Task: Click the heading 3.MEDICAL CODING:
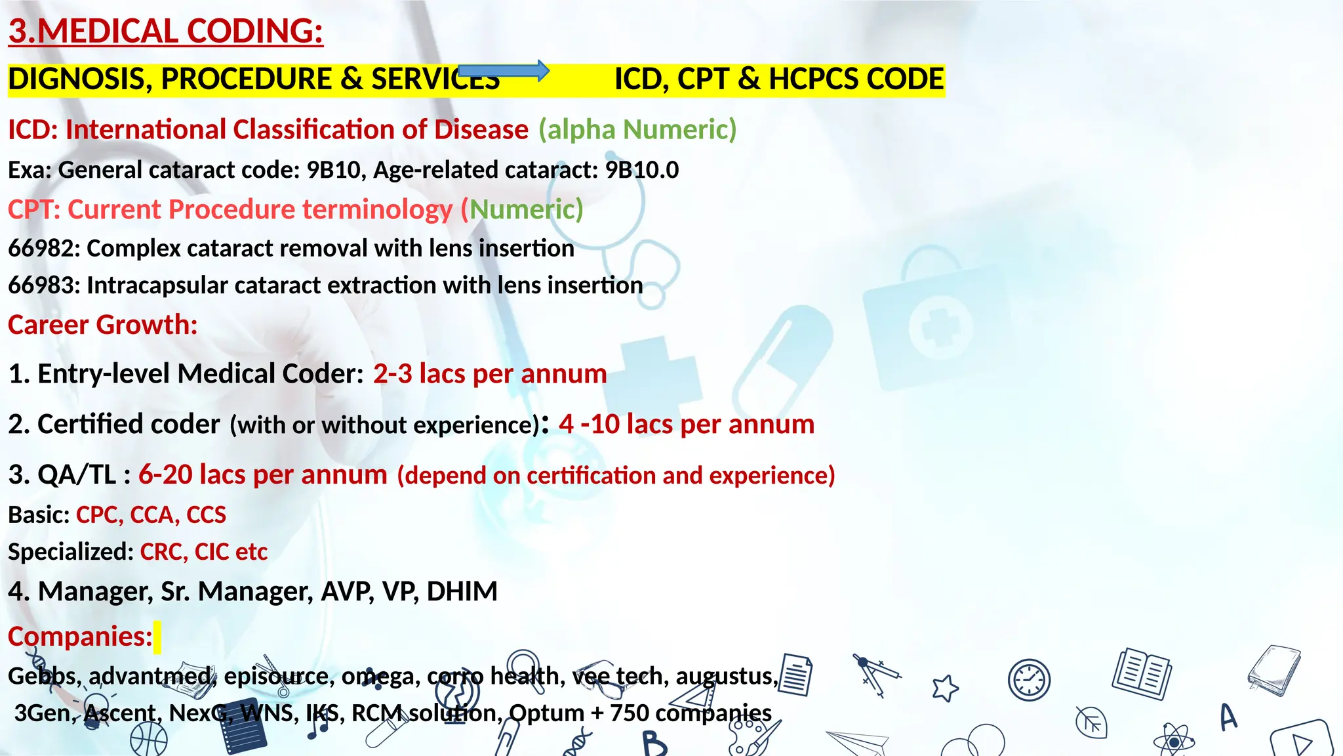[166, 31]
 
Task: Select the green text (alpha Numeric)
[637, 129]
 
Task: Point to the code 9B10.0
[641, 170]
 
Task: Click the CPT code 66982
[43, 249]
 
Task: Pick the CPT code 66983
[43, 285]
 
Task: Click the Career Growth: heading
[102, 325]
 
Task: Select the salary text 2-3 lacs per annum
[490, 374]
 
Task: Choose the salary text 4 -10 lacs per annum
[686, 425]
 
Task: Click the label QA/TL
[77, 475]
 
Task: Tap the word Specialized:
[71, 552]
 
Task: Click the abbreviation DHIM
[462, 591]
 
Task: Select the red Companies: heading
[80, 637]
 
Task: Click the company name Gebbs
[42, 676]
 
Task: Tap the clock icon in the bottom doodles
[1029, 680]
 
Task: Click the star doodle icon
[945, 688]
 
